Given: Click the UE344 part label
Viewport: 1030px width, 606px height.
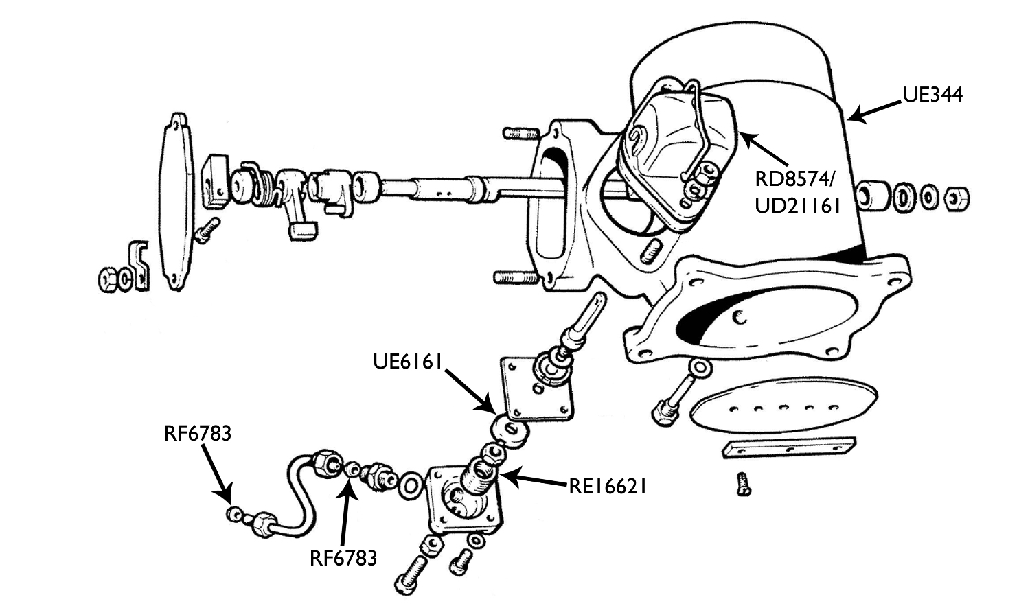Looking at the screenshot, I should [x=932, y=95].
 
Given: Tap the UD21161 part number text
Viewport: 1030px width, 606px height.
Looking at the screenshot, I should [x=797, y=205].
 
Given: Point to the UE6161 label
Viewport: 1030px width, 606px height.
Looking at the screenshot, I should [x=406, y=361].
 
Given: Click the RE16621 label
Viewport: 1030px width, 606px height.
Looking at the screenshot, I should [x=608, y=487].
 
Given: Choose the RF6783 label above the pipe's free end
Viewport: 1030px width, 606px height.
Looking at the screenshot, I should [x=197, y=434].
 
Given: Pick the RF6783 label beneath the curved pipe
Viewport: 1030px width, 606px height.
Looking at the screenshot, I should [x=343, y=558].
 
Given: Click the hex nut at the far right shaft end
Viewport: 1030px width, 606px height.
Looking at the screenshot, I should [x=956, y=198].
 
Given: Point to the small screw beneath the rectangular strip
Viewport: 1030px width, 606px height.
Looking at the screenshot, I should [x=743, y=483].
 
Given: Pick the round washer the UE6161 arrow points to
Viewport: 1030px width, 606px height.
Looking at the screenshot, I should [x=509, y=430].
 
